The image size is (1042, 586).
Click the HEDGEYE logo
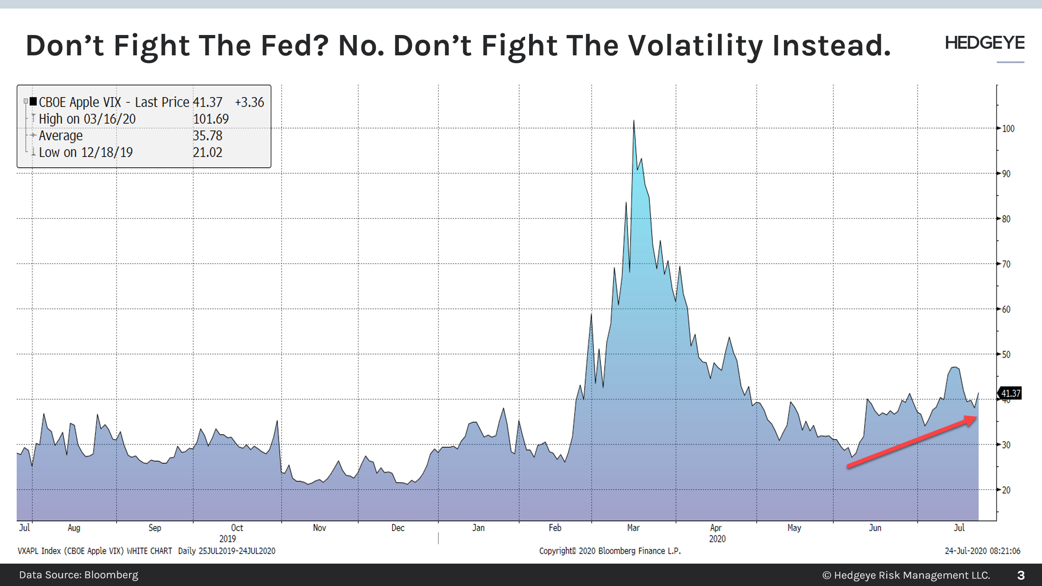click(x=984, y=43)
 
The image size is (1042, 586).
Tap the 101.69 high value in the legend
click(x=211, y=119)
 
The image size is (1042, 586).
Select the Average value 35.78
click(x=208, y=136)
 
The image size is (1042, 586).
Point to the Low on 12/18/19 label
click(x=85, y=152)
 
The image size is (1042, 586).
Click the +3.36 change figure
click(x=250, y=102)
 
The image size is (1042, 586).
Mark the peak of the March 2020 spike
click(x=634, y=121)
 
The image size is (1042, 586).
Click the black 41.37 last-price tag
click(x=1010, y=394)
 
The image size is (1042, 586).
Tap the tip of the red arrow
click(x=976, y=418)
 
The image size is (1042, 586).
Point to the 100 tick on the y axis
click(x=1008, y=129)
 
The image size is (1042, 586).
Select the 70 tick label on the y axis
click(x=1006, y=264)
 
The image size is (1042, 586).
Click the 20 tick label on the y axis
click(x=1006, y=490)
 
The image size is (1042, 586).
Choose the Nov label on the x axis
click(x=320, y=528)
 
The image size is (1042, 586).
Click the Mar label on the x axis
click(x=633, y=528)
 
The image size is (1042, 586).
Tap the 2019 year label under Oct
click(x=228, y=539)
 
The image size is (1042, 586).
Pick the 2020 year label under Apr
click(x=717, y=539)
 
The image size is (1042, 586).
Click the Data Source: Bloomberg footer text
click(x=79, y=575)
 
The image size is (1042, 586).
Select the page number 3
click(x=1021, y=575)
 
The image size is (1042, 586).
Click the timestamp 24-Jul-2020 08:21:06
click(x=982, y=551)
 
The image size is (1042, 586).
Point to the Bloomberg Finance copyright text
click(x=610, y=551)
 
